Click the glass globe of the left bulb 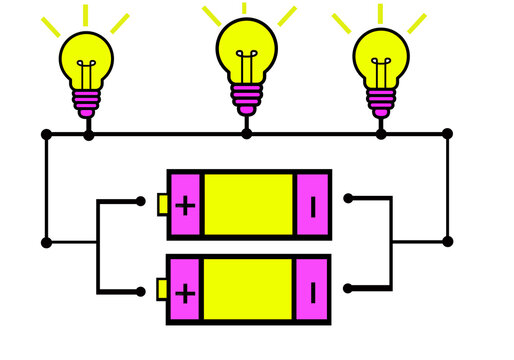point(86,58)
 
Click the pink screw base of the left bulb point(87,102)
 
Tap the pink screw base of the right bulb point(381,101)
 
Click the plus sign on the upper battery point(185,205)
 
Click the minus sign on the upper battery point(313,205)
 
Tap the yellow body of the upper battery point(248,205)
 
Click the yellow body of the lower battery point(248,291)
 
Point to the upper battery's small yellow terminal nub point(162,204)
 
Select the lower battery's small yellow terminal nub point(162,290)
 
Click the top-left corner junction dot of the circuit point(46,133)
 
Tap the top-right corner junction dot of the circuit point(447,133)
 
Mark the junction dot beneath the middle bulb point(246,133)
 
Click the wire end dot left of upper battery point(140,201)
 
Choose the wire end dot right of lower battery point(348,288)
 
